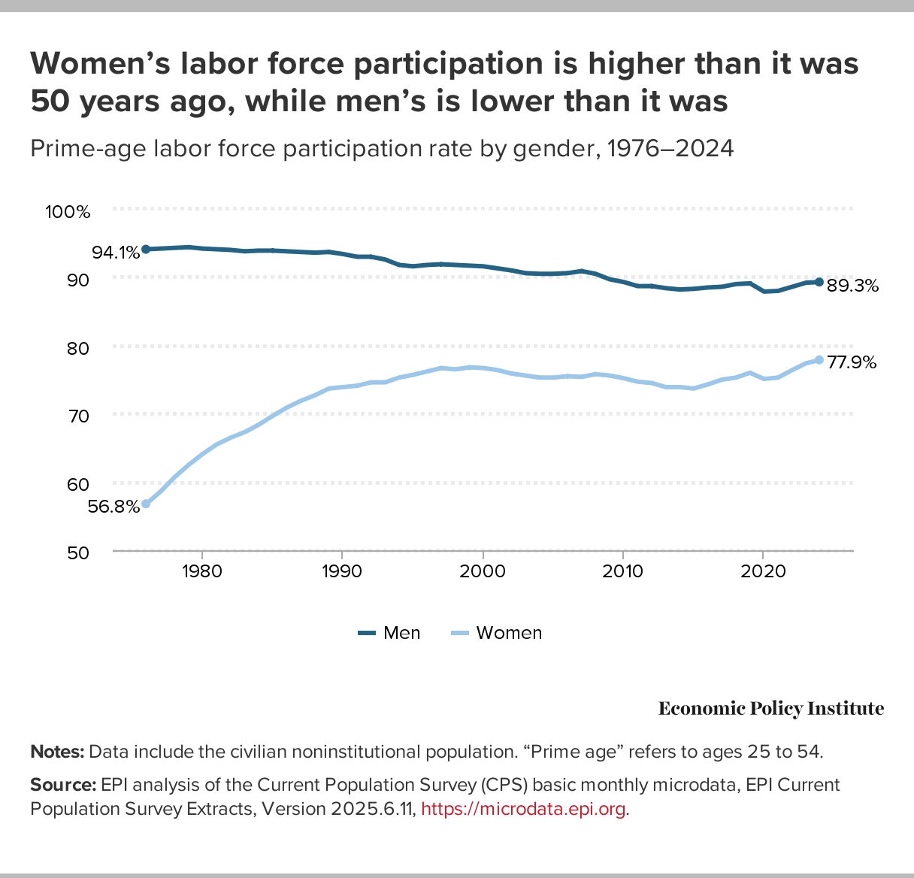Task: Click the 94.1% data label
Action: point(116,253)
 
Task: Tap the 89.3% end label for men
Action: point(852,286)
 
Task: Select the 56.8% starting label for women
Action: point(113,507)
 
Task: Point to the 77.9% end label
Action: point(852,362)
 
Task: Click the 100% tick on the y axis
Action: point(68,212)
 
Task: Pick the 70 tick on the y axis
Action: point(78,416)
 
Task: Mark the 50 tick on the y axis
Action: point(78,553)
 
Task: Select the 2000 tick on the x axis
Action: point(482,571)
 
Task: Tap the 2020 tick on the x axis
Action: point(763,571)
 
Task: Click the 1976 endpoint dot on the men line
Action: point(146,249)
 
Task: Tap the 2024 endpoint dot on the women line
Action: point(819,360)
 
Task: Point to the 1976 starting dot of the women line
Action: point(146,504)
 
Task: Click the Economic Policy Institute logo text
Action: point(771,709)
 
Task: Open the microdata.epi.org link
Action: point(523,810)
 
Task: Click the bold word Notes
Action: point(57,752)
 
